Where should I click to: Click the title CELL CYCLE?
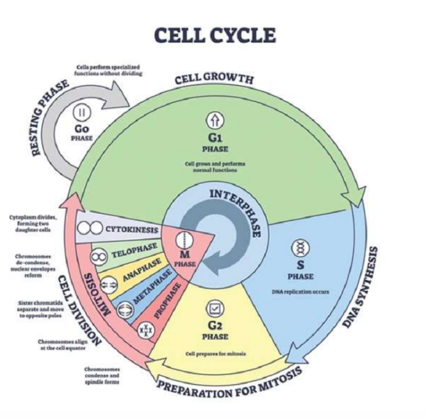(x=215, y=35)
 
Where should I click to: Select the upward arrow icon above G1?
(x=215, y=119)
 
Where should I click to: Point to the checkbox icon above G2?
(x=215, y=308)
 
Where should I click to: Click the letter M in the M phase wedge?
(x=185, y=254)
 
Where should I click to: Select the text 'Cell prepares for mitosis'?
(x=216, y=354)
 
